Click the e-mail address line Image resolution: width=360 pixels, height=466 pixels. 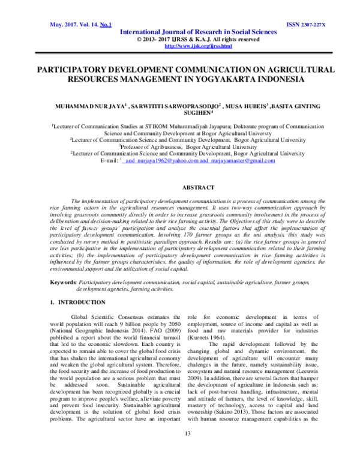coord(180,160)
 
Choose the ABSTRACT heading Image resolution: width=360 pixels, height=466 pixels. coord(180,188)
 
